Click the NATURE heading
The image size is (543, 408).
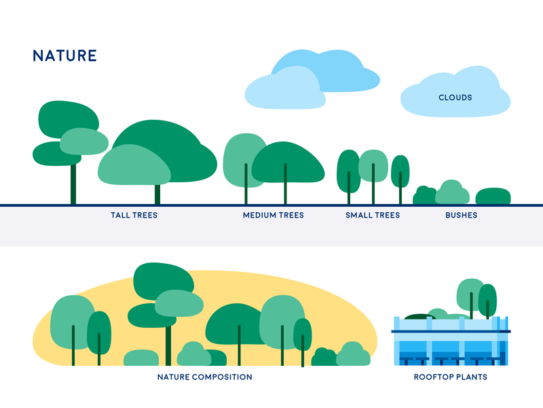tap(64, 56)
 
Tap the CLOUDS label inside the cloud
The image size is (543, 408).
tap(455, 97)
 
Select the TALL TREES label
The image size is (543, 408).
tap(134, 215)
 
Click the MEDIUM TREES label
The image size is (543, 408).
tap(274, 215)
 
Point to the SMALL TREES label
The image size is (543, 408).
tap(373, 215)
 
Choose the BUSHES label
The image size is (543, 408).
tap(462, 215)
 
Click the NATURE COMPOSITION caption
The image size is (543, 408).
tap(205, 377)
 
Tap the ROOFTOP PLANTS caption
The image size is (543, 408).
tap(451, 377)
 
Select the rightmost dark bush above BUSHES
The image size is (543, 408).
tap(493, 196)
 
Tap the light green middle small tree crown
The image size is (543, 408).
tap(373, 166)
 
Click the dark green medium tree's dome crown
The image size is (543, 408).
tap(288, 162)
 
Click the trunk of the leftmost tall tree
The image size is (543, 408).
tap(73, 184)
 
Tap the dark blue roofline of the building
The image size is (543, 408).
tap(451, 332)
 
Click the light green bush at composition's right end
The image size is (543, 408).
tap(353, 354)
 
